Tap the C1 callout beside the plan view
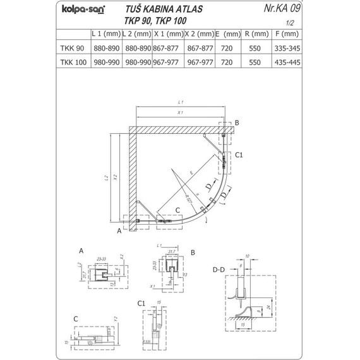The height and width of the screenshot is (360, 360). click(x=239, y=153)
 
